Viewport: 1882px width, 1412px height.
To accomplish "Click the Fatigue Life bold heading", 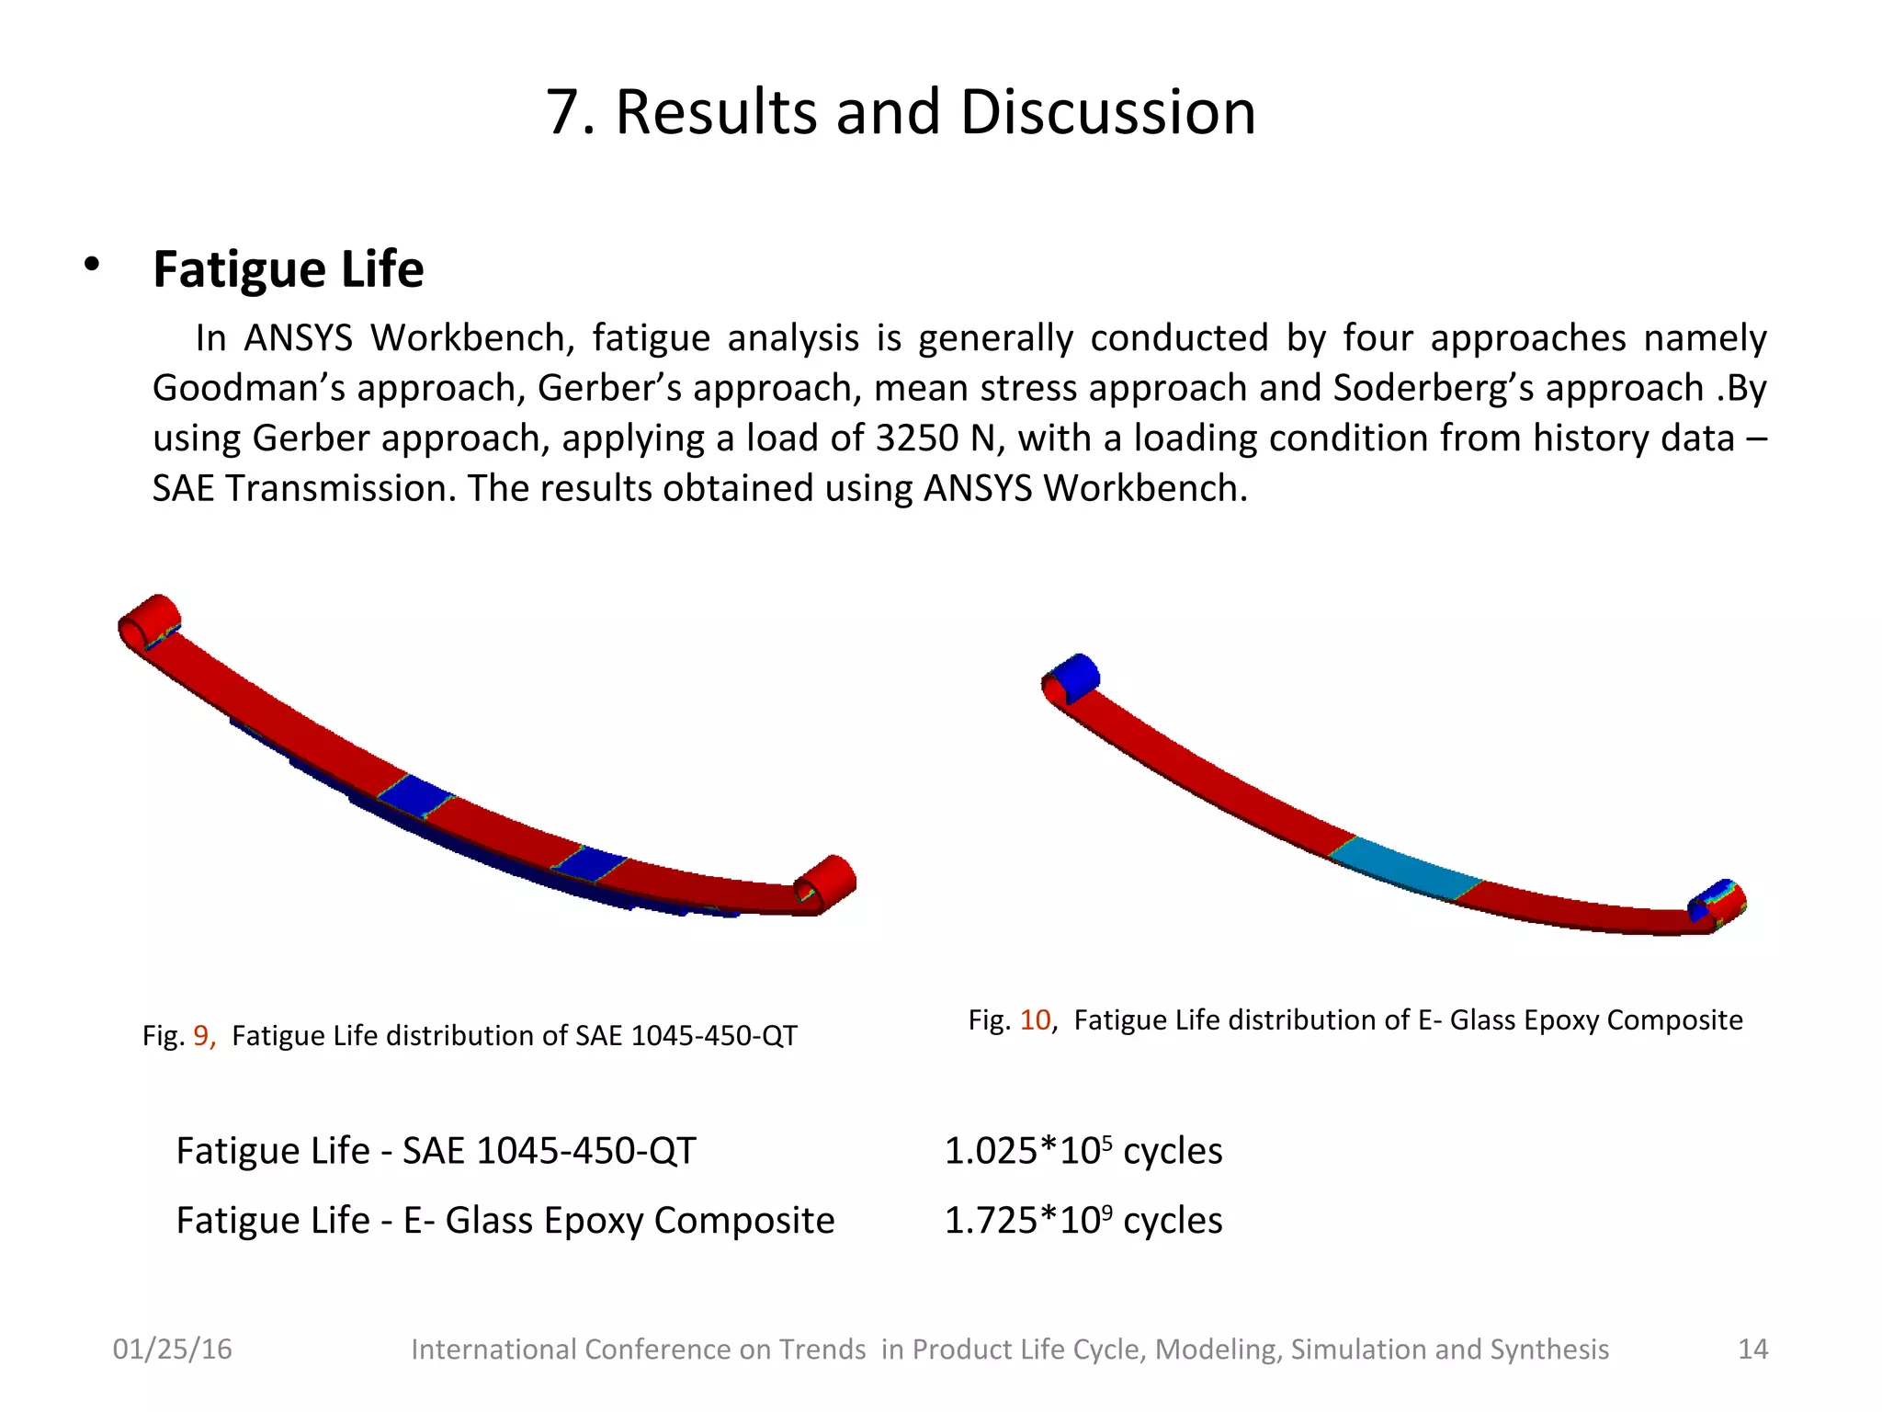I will click(288, 269).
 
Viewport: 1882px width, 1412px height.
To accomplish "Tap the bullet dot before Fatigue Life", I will click(91, 265).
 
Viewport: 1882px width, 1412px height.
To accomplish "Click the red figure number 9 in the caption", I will click(201, 1036).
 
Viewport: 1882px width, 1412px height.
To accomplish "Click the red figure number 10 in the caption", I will click(1035, 1020).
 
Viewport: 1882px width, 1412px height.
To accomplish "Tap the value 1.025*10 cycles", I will click(1083, 1151).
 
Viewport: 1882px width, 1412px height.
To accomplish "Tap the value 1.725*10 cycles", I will click(1083, 1221).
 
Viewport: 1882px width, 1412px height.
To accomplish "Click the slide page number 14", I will click(1752, 1349).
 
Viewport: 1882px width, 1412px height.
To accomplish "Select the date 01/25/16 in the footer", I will click(172, 1349).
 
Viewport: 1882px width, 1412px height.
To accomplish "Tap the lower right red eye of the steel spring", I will click(825, 882).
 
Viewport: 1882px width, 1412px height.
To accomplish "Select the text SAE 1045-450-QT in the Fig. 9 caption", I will click(686, 1036).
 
